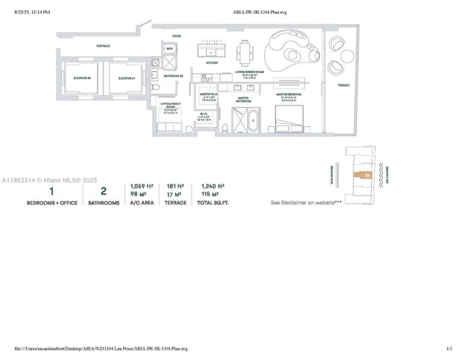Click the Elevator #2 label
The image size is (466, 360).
[82, 78]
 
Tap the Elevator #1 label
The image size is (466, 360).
[127, 78]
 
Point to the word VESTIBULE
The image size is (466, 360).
[103, 46]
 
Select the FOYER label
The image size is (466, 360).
[176, 37]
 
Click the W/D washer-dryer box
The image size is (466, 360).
[170, 49]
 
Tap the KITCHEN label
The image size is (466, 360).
[212, 62]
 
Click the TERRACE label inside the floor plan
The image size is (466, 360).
[343, 85]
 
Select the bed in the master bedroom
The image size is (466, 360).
[289, 118]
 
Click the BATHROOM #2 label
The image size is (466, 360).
[173, 76]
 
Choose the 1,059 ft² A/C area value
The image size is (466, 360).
[142, 187]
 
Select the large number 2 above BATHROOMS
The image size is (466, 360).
[104, 191]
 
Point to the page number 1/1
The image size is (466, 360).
[449, 349]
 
